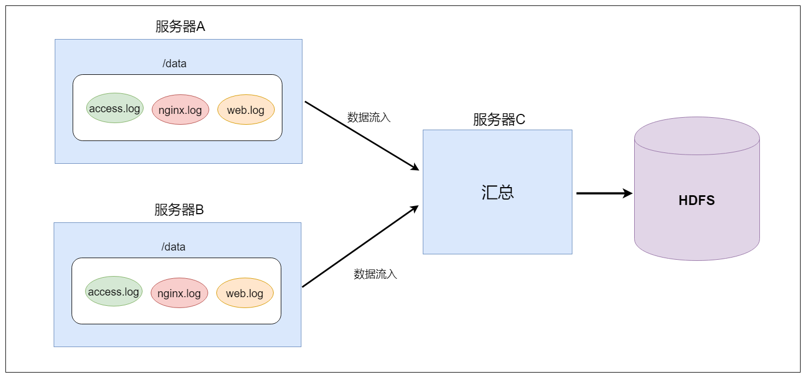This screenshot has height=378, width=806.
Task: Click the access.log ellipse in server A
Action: pyautogui.click(x=114, y=108)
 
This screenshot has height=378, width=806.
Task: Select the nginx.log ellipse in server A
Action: pyautogui.click(x=180, y=110)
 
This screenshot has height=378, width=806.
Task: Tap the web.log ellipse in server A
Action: pyautogui.click(x=246, y=110)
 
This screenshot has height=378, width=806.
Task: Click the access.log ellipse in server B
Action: pyautogui.click(x=113, y=292)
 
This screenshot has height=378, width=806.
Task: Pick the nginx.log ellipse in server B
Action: pyautogui.click(x=179, y=293)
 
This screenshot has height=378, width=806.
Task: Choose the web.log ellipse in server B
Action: pyautogui.click(x=244, y=293)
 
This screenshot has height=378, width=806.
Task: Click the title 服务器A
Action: pyautogui.click(x=180, y=27)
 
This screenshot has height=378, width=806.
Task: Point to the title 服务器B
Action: pyautogui.click(x=179, y=210)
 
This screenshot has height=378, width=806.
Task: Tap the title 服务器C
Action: pyautogui.click(x=499, y=119)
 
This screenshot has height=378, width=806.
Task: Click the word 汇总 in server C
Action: pyautogui.click(x=497, y=193)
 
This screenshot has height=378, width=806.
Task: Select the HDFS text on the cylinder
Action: pyautogui.click(x=697, y=201)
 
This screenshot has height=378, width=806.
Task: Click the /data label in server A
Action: pyautogui.click(x=174, y=63)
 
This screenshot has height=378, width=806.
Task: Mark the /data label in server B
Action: pyautogui.click(x=173, y=247)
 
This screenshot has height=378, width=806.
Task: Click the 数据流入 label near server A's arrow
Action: pyautogui.click(x=369, y=117)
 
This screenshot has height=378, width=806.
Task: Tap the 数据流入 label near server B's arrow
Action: pyautogui.click(x=375, y=274)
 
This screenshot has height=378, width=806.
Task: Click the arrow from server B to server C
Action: pyautogui.click(x=360, y=247)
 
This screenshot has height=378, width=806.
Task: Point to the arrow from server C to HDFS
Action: pyautogui.click(x=602, y=193)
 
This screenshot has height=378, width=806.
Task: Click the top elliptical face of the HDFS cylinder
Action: pyautogui.click(x=697, y=136)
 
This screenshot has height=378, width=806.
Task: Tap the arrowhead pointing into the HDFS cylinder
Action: pyautogui.click(x=628, y=193)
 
